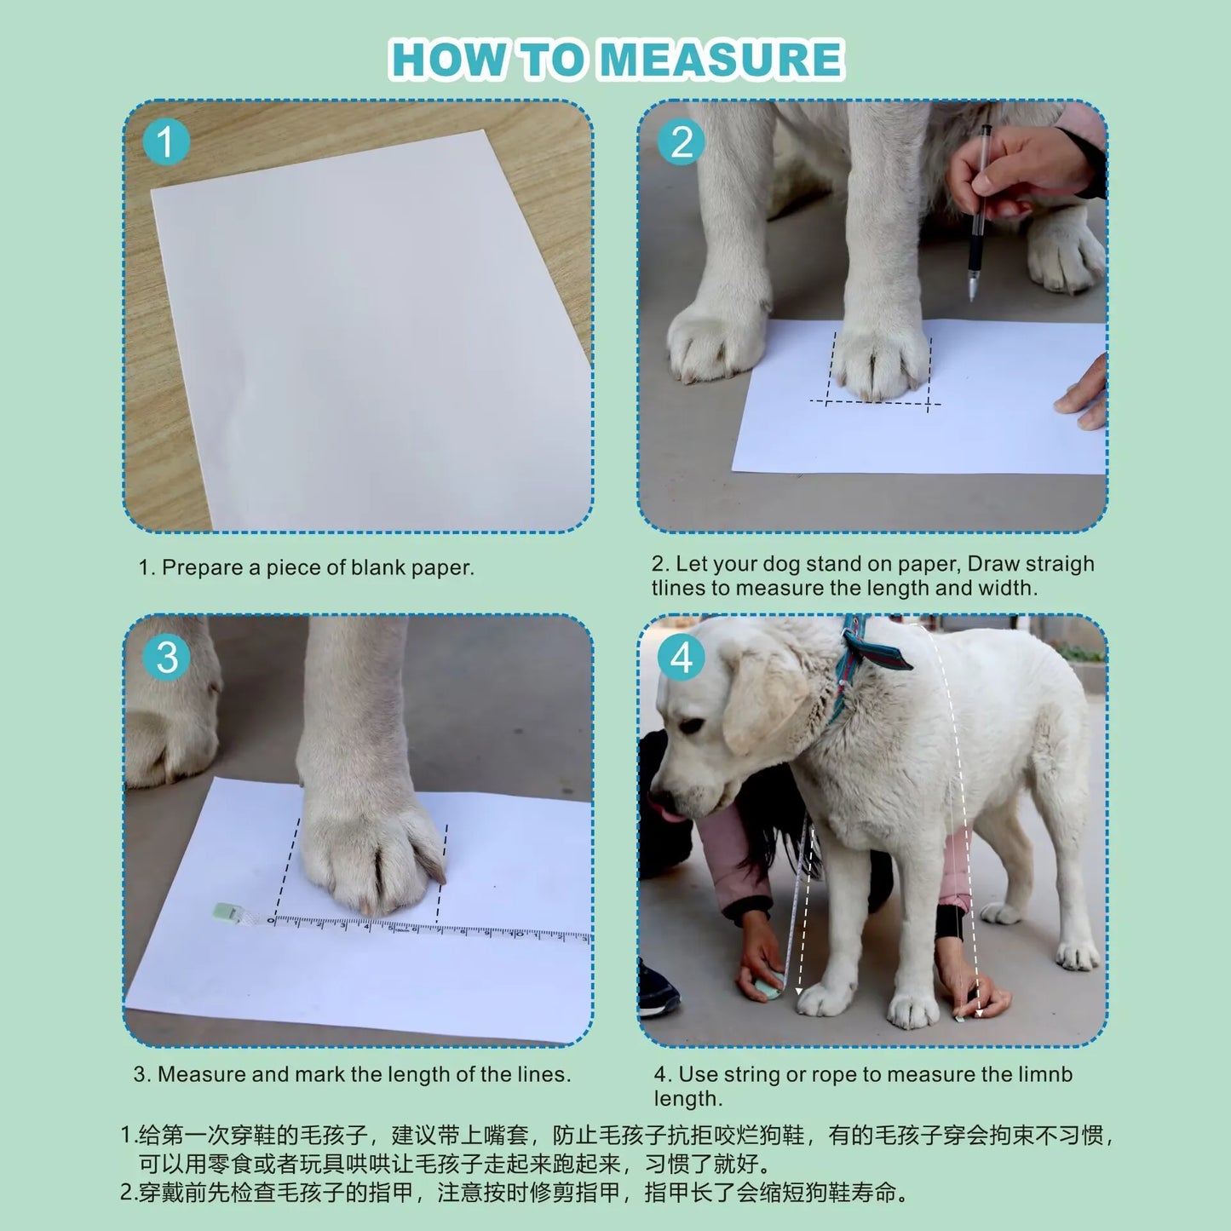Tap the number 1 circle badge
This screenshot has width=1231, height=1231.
[166, 141]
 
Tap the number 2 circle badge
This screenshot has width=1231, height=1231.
[681, 141]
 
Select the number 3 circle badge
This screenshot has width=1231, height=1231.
[166, 657]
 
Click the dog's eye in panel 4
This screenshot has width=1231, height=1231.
[691, 727]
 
